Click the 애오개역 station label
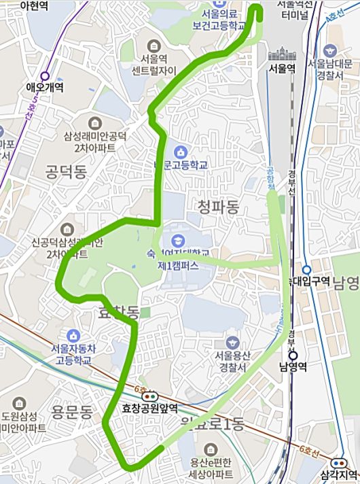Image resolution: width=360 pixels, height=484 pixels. (x=44, y=87)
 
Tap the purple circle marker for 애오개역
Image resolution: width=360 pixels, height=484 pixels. (x=46, y=76)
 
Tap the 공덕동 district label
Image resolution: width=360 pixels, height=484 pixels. (x=65, y=170)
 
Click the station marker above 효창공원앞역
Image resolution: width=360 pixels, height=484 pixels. (x=150, y=396)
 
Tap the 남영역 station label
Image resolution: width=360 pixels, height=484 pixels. (x=293, y=367)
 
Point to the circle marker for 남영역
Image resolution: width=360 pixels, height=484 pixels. (x=293, y=355)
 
